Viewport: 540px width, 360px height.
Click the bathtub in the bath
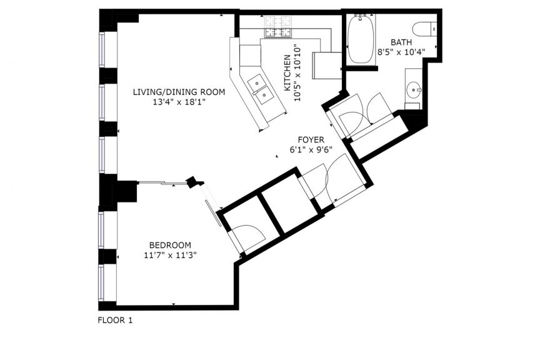click(361, 39)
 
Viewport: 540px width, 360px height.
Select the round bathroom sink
click(413, 90)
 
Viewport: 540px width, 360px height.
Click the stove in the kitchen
click(277, 27)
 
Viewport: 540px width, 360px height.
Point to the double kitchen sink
click(261, 89)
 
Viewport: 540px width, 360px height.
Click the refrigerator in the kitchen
click(326, 66)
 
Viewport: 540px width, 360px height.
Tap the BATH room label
click(401, 42)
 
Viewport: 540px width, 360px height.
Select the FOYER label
click(311, 140)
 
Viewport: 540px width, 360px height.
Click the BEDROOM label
click(170, 245)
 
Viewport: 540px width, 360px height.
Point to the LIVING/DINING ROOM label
click(179, 92)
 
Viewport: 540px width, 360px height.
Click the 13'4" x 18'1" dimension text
click(179, 102)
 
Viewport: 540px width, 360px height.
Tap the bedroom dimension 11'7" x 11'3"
click(170, 255)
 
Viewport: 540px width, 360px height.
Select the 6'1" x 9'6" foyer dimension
click(311, 150)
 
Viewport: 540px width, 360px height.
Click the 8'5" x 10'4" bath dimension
click(401, 52)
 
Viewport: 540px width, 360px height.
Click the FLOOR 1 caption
click(115, 321)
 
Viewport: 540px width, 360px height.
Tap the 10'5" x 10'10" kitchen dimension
click(297, 73)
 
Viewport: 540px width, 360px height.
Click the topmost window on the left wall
click(102, 49)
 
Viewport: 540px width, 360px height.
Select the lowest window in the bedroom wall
click(101, 283)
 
